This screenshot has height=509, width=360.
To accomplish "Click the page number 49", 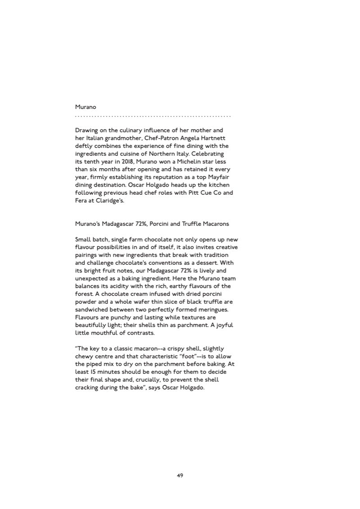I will coord(180,475).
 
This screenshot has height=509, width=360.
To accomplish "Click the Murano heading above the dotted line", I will coord(85,107).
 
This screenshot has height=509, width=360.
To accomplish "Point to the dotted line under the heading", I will coord(153,116).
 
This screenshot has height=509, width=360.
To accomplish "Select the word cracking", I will coord(89,388).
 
